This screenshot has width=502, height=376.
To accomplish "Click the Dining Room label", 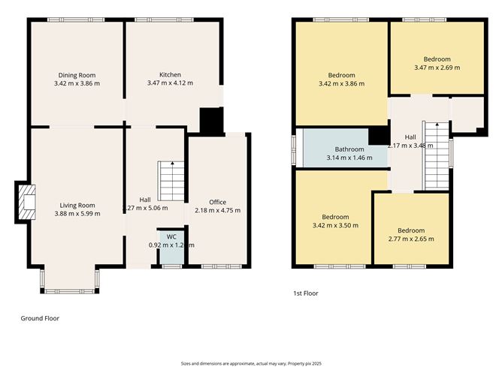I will (x=77, y=74).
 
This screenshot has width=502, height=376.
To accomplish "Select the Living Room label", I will (x=77, y=205).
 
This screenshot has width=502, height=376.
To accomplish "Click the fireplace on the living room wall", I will (x=25, y=203).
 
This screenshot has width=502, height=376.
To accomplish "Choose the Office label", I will (x=218, y=202).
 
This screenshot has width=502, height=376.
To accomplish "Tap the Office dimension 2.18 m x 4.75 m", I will (x=218, y=211).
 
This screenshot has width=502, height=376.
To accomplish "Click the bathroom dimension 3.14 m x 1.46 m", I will (x=344, y=158).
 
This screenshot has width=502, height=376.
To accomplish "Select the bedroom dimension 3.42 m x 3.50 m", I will (x=335, y=224).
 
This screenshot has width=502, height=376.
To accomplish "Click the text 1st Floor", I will (x=305, y=293).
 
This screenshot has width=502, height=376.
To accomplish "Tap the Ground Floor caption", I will (x=39, y=318).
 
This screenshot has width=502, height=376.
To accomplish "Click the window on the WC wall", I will (x=171, y=266).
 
